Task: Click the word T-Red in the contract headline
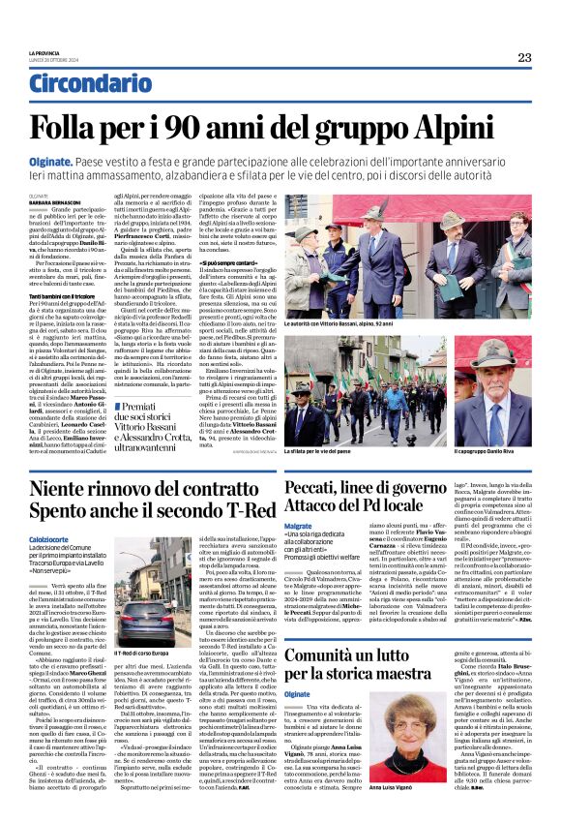click(x=242, y=525)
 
